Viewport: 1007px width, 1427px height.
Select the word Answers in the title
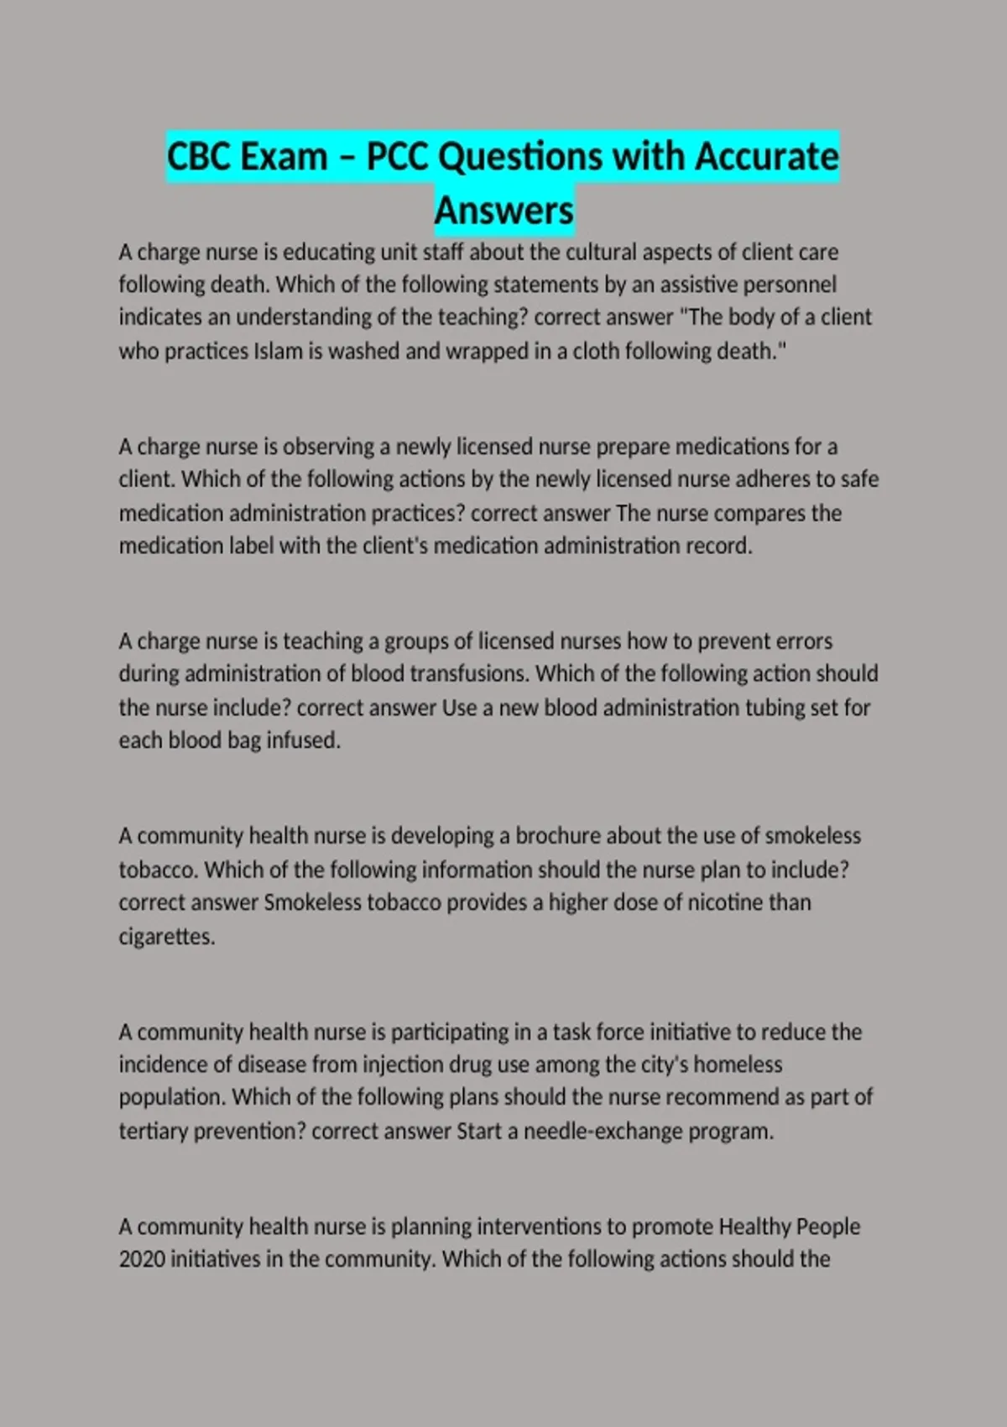click(504, 210)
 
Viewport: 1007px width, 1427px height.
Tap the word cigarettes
click(167, 936)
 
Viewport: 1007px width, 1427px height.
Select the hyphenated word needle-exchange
click(603, 1131)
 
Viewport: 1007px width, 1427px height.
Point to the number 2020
click(141, 1259)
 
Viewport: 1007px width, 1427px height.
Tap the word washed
click(364, 351)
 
